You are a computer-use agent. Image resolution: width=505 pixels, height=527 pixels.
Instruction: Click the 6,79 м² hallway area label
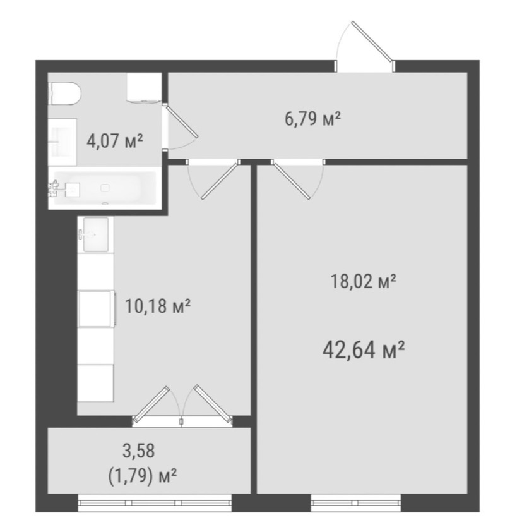coord(312,119)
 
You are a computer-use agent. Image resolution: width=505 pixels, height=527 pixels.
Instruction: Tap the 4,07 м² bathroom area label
coord(115,141)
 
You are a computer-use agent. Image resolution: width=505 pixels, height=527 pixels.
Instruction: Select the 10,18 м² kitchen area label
coord(158,306)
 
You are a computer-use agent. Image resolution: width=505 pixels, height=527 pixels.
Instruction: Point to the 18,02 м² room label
coord(364,281)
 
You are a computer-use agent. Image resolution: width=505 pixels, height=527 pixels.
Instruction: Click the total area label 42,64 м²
coord(364,350)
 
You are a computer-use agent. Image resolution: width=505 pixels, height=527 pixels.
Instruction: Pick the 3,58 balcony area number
coord(139,451)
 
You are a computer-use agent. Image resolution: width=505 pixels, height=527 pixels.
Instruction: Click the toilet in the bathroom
coord(65,94)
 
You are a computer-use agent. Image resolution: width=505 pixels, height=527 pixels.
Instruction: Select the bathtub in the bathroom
coord(104,188)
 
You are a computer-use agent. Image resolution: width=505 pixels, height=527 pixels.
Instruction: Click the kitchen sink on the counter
coord(95,234)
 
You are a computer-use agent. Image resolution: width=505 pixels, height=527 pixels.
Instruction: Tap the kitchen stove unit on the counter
coord(97,309)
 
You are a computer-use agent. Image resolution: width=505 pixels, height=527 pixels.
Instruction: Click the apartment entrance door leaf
coord(372,42)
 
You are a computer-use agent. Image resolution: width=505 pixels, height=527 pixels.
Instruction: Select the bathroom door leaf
coord(182,121)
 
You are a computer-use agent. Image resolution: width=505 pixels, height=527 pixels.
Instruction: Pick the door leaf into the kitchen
coord(220,180)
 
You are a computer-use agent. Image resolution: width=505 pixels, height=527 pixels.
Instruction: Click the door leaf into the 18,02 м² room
coord(291,180)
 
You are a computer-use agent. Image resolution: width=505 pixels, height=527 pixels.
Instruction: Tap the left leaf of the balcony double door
coord(151,404)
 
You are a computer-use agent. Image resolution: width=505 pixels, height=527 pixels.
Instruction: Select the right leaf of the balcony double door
coord(213,404)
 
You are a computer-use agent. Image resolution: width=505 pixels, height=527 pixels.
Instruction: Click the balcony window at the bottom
coord(155,503)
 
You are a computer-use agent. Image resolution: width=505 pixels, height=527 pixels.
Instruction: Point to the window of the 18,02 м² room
coord(356,503)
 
